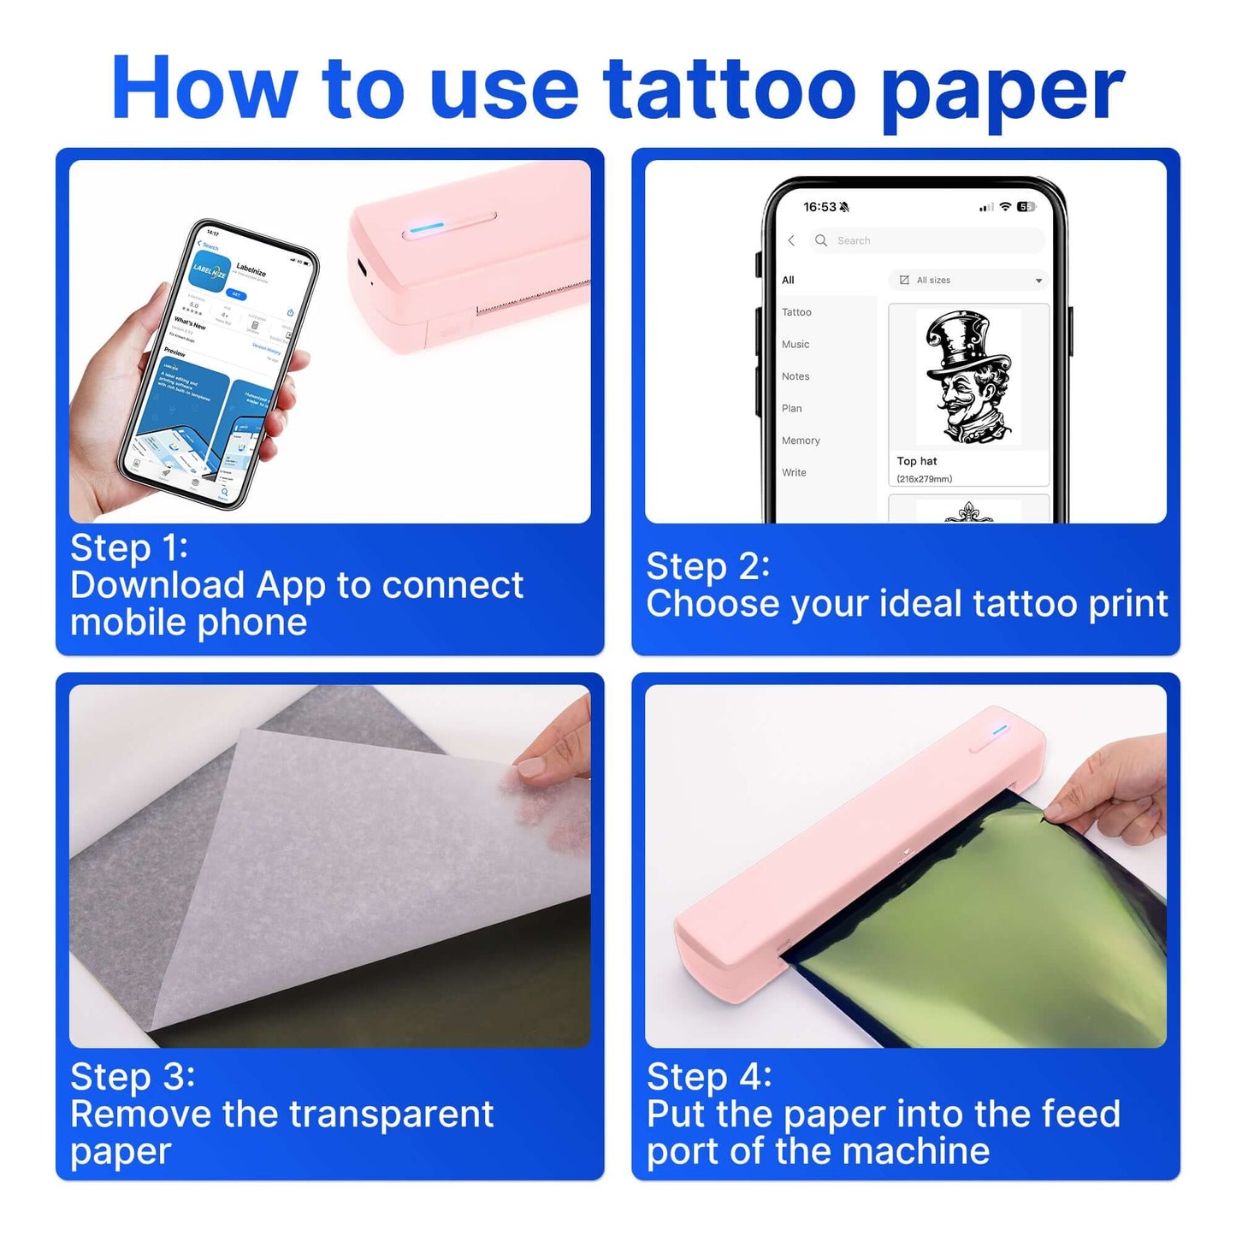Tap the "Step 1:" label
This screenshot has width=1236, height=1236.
(x=129, y=548)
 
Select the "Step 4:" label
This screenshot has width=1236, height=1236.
(x=709, y=1077)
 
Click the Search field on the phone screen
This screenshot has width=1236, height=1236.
(x=927, y=241)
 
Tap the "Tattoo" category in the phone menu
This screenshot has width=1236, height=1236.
(x=796, y=312)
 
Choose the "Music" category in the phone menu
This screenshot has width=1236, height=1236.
(x=795, y=345)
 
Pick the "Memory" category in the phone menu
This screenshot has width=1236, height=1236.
(x=801, y=441)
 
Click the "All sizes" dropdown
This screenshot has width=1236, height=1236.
(x=969, y=281)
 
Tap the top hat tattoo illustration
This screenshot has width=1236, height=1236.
(x=968, y=376)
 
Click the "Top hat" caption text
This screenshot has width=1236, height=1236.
(x=917, y=461)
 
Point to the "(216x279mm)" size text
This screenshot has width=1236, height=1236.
(x=924, y=479)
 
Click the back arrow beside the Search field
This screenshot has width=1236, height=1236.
(x=791, y=241)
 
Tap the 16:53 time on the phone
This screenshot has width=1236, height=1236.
(x=819, y=207)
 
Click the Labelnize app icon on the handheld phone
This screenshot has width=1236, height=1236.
(x=210, y=272)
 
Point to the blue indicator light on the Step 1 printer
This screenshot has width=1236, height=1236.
(x=427, y=228)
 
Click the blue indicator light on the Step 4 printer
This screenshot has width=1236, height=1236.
(x=1000, y=730)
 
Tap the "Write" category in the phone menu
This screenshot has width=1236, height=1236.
(x=794, y=473)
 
